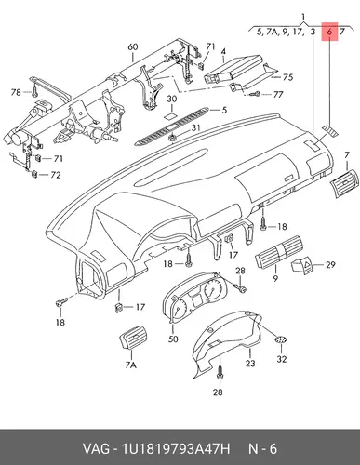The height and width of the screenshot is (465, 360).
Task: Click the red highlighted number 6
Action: pos(329,32)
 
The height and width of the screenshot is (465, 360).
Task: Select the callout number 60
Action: pos(133,47)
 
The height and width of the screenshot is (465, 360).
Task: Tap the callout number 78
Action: pos(16,92)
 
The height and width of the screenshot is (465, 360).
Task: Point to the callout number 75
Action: pos(288,77)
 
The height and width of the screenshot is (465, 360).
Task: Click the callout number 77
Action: pos(278,94)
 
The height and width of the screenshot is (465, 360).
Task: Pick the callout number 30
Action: pos(172,100)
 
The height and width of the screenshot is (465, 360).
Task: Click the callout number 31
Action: pos(195,127)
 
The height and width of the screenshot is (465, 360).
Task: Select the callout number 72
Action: pos(56,175)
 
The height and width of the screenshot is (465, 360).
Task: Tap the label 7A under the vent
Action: pos(131,365)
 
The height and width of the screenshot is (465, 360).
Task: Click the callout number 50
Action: pos(173,339)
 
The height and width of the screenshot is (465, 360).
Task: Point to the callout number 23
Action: pos(250,363)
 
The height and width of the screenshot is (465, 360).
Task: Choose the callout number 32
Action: pos(282,359)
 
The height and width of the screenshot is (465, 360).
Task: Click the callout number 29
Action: pos(330,264)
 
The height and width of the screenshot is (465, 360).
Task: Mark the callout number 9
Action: pos(275,278)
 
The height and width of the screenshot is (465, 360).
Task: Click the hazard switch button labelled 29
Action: pos(302,265)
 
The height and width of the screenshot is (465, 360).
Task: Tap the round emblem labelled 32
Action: pos(281,339)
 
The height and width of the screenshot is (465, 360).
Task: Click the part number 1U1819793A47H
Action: pos(176,448)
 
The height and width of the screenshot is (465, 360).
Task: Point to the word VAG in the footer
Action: pos(96,448)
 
